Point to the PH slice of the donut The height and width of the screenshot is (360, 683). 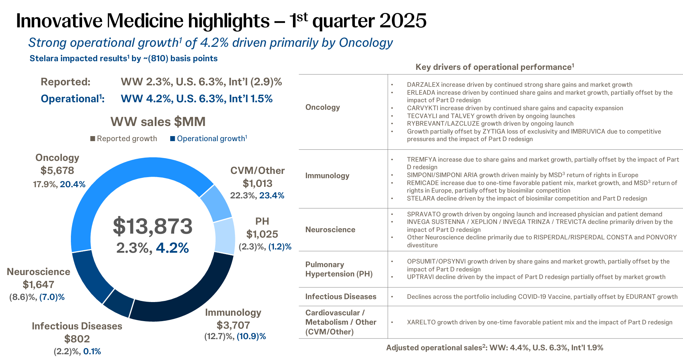pyautogui.click(x=224, y=236)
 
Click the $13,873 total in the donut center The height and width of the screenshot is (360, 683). pyautogui.click(x=153, y=226)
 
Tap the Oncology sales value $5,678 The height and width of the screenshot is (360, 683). pyautogui.click(x=57, y=171)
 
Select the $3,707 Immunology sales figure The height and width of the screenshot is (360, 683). pyautogui.click(x=233, y=325)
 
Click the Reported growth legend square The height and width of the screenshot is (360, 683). pyautogui.click(x=92, y=139)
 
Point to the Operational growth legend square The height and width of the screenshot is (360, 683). pyautogui.click(x=172, y=139)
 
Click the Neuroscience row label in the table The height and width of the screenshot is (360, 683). pyautogui.click(x=330, y=230)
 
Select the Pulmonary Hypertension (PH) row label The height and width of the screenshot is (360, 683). pyautogui.click(x=339, y=269)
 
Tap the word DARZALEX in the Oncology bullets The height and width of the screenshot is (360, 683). pyautogui.click(x=423, y=85)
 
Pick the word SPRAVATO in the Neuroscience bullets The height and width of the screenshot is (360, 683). pyautogui.click(x=424, y=214)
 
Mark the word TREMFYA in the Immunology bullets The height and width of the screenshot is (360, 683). pyautogui.click(x=421, y=159)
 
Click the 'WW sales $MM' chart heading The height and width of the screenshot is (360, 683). pyautogui.click(x=158, y=122)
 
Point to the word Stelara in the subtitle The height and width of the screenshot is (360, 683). pyautogui.click(x=44, y=59)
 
